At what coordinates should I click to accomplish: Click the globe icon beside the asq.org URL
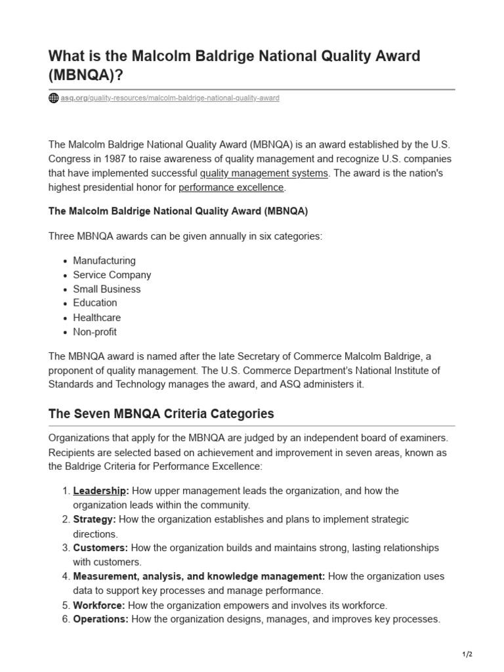[54, 98]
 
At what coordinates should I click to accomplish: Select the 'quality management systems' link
[264, 173]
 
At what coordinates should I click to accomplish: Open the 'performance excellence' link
[231, 188]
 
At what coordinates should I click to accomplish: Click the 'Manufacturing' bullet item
[104, 261]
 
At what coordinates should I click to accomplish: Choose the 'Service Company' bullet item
[112, 275]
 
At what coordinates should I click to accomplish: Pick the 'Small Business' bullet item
[106, 289]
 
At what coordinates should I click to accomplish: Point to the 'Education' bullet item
[95, 303]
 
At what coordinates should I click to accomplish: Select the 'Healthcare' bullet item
[97, 318]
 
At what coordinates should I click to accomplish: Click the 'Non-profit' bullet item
[94, 332]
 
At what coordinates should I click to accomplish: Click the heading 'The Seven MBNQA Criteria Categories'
[161, 415]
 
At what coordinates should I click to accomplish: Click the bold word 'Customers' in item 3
[100, 548]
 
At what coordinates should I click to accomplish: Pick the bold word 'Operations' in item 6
[100, 619]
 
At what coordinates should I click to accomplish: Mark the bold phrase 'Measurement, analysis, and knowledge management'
[199, 577]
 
